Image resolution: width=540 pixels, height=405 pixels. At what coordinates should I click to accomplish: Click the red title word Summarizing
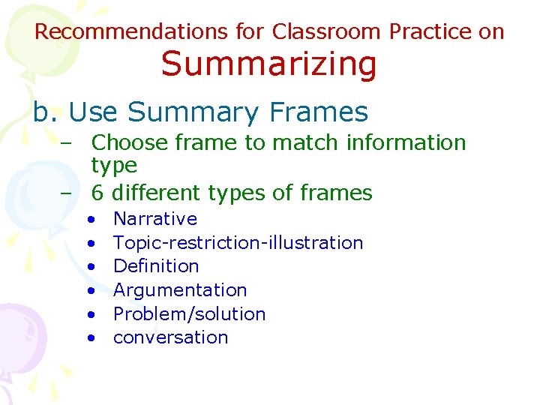(268, 64)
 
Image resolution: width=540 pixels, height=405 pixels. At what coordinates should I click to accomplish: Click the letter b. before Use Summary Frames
(46, 112)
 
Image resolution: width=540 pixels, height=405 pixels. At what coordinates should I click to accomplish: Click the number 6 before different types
(97, 193)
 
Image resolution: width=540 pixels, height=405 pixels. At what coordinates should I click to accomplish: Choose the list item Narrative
(155, 219)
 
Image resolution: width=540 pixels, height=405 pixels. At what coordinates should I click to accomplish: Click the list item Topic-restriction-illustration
(238, 243)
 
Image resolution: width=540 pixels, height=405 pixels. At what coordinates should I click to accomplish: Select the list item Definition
(156, 266)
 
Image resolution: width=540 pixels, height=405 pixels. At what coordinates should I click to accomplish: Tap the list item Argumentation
(180, 290)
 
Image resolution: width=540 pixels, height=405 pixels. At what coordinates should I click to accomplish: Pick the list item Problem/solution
(189, 313)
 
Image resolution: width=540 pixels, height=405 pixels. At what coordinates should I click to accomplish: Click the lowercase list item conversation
(170, 337)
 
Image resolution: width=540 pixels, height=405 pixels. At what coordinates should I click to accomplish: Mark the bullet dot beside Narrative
(90, 220)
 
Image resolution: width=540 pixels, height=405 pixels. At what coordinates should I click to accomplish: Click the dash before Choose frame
(67, 142)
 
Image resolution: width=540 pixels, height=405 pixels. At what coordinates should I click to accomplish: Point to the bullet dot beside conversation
(90, 338)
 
